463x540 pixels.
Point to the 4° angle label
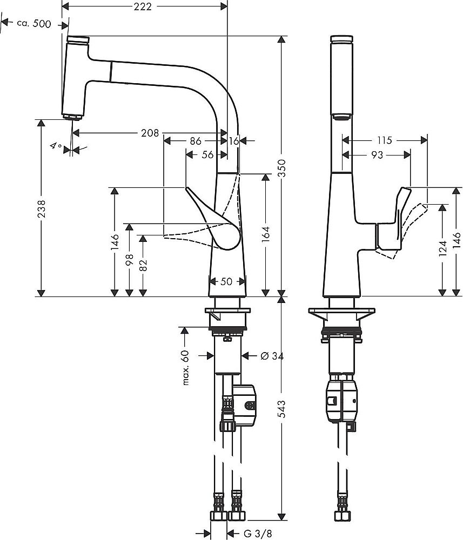pos(56,146)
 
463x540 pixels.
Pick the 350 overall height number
pos(281,167)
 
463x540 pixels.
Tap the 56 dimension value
pos(207,155)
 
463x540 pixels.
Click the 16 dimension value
pos(233,140)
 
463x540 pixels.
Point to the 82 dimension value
pos(143,265)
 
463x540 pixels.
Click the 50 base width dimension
pos(227,282)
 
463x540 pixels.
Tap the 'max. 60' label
pos(185,367)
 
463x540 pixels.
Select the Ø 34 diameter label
pos(272,356)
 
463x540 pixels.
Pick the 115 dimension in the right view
pos(384,140)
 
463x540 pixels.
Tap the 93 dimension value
pos(378,155)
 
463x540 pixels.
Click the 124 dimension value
pos(442,249)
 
